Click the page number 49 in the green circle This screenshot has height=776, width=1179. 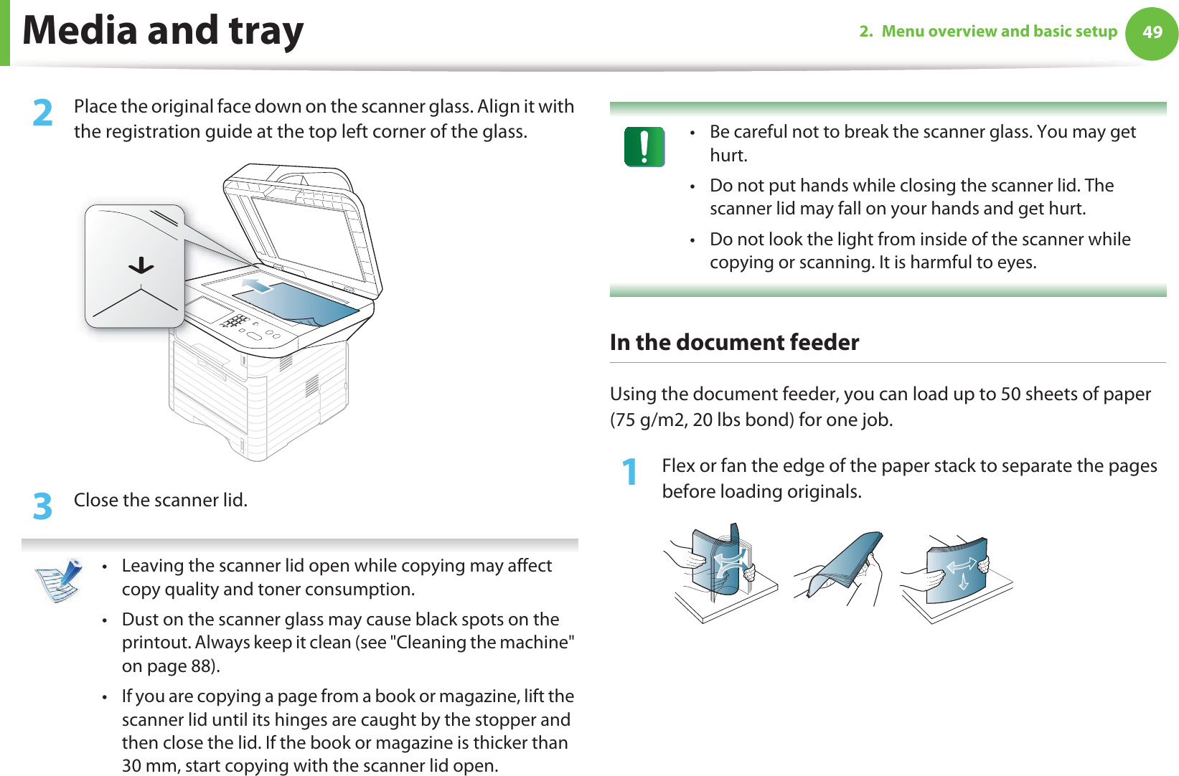point(1152,32)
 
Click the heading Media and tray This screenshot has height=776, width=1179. point(164,31)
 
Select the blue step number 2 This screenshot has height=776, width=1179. point(43,113)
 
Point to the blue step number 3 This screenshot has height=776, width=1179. point(43,506)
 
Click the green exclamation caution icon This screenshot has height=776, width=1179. point(644,147)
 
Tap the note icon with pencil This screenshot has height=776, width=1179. point(59,579)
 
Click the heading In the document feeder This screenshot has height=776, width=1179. point(734,342)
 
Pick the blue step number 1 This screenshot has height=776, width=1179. point(629,472)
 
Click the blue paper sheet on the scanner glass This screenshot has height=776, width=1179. point(301,303)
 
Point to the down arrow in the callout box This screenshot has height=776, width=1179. point(141,266)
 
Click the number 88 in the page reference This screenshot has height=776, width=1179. point(201,666)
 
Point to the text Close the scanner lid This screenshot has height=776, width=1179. point(161,500)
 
